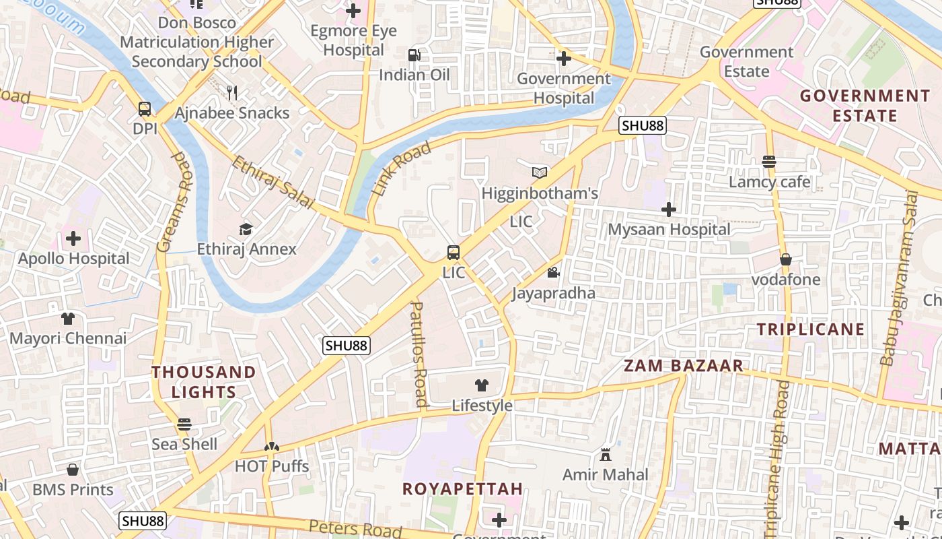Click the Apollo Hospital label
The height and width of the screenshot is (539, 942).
pyautogui.click(x=73, y=259)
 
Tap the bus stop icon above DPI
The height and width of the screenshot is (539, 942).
pyautogui.click(x=144, y=109)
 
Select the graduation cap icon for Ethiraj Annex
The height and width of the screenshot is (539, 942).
pyautogui.click(x=246, y=229)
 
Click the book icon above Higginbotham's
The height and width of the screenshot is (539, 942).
pyautogui.click(x=540, y=173)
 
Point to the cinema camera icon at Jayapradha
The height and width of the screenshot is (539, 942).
pyautogui.click(x=553, y=273)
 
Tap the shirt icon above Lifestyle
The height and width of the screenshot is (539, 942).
pyautogui.click(x=482, y=385)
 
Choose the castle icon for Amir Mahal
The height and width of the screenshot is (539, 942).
pyautogui.click(x=605, y=455)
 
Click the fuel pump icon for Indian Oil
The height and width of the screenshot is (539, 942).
pyautogui.click(x=414, y=55)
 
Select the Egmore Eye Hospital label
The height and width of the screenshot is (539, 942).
pyautogui.click(x=353, y=40)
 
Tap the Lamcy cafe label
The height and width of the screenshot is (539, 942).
pyautogui.click(x=770, y=182)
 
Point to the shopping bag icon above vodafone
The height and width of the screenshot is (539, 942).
pyautogui.click(x=785, y=259)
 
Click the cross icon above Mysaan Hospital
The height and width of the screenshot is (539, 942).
pyautogui.click(x=668, y=210)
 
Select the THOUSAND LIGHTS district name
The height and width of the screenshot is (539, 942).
pyautogui.click(x=203, y=382)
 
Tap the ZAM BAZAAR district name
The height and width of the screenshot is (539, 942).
pyautogui.click(x=684, y=366)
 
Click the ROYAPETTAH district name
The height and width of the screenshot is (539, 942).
pyautogui.click(x=462, y=489)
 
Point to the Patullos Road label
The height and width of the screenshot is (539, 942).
pyautogui.click(x=419, y=354)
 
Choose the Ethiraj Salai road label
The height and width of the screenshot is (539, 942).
pyautogui.click(x=273, y=183)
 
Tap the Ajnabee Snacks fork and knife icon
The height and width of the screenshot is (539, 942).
pyautogui.click(x=232, y=93)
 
